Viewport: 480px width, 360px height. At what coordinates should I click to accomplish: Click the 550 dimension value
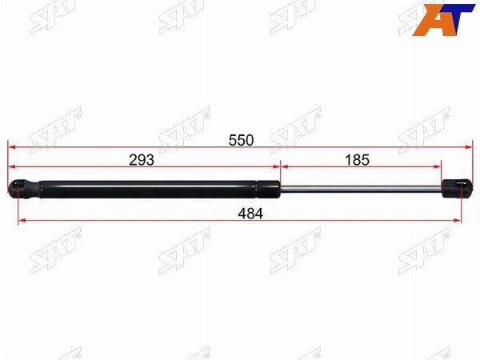[x=242, y=141]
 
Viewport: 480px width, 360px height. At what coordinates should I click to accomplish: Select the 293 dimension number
[x=142, y=160]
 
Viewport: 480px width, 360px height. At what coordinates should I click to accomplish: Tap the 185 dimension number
[x=358, y=160]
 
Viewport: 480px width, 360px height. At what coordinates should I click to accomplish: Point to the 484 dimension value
[x=250, y=214]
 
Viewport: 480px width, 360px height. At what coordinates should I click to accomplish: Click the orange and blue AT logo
[x=443, y=19]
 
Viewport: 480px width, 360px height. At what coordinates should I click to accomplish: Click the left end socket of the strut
[x=24, y=190]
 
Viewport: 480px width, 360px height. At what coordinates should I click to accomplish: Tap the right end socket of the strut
[x=458, y=189]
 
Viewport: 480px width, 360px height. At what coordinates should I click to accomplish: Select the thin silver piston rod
[x=361, y=189]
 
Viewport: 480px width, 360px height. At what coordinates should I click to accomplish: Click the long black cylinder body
[x=148, y=190]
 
